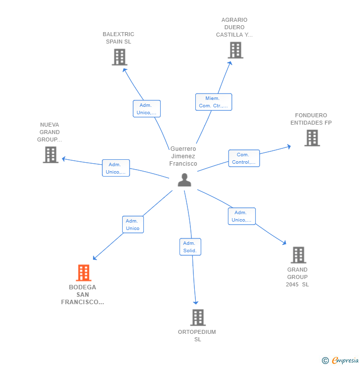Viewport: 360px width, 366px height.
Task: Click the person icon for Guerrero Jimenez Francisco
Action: tap(184, 180)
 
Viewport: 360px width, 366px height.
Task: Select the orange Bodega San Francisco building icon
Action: tap(84, 273)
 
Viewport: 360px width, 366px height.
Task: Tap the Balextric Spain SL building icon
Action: tap(119, 57)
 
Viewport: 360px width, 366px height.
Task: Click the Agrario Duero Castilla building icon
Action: tap(235, 50)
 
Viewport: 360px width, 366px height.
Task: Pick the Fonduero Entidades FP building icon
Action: tap(312, 138)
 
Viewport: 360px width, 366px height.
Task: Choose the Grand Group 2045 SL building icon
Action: tap(298, 255)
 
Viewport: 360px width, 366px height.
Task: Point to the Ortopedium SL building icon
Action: tap(197, 317)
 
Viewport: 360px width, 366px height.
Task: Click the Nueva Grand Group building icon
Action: tap(50, 155)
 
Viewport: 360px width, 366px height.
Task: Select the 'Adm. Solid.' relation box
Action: tap(190, 247)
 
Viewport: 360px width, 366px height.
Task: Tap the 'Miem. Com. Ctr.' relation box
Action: tap(213, 102)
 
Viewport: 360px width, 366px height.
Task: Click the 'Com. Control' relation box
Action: tap(244, 158)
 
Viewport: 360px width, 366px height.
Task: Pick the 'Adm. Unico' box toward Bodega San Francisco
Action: tap(133, 225)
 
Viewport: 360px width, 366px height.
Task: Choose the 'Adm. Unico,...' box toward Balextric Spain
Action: tap(146, 109)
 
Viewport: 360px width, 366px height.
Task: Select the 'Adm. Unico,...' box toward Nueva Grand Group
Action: tap(116, 168)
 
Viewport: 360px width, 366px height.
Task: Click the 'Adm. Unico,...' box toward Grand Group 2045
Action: tap(241, 216)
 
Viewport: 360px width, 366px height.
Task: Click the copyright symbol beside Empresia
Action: tap(325, 361)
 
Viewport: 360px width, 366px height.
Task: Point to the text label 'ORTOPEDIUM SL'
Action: tap(197, 335)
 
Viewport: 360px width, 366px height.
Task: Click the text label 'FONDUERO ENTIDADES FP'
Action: tap(311, 119)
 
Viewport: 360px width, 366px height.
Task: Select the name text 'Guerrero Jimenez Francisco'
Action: tap(183, 156)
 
